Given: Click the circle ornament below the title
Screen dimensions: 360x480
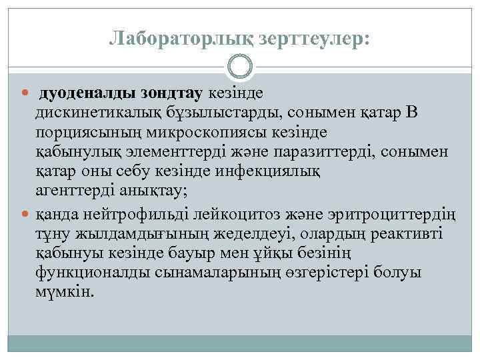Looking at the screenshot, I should [x=239, y=67].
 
